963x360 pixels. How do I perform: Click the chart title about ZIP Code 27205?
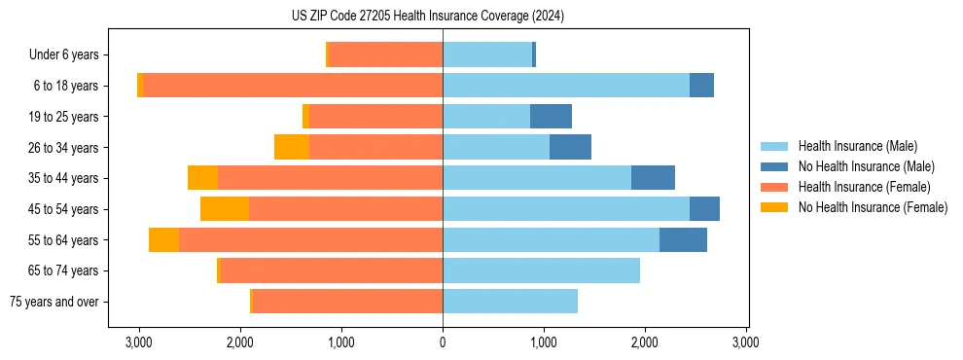pos(427,17)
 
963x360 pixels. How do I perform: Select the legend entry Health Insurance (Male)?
pos(857,146)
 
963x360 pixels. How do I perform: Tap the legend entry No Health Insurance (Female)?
pos(873,207)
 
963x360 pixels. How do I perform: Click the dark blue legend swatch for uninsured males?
pos(774,166)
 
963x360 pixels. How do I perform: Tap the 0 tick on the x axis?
pos(443,342)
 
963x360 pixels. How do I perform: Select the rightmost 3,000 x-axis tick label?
pos(745,342)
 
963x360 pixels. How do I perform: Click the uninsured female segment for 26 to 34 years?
pos(292,147)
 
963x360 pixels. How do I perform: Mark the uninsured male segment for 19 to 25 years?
pos(551,117)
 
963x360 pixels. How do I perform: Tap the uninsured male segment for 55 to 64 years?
pos(683,239)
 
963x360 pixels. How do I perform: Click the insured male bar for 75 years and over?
pos(510,302)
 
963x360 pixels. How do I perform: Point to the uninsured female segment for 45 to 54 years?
pos(225,209)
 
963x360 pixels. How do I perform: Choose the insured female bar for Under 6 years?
pos(385,55)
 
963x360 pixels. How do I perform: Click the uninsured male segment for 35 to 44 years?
pos(653,178)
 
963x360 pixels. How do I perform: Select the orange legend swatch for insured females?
pos(774,187)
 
